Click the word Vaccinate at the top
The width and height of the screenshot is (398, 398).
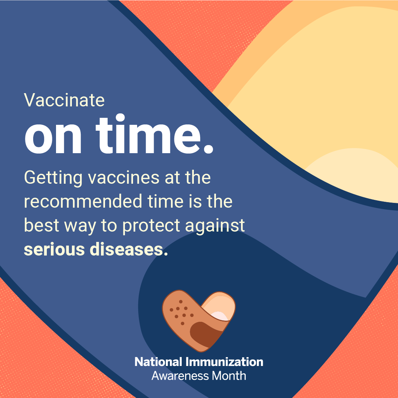64,100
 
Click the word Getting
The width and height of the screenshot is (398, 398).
53,178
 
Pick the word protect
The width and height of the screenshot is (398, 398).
151,226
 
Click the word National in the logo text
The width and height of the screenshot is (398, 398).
158,362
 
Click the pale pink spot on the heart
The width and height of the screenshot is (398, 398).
220,316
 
